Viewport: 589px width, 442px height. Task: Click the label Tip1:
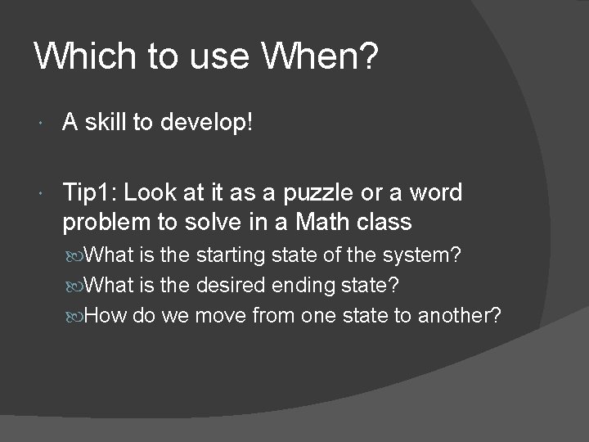pos(90,193)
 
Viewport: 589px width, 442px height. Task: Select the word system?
pos(420,256)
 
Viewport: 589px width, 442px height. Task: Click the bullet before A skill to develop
pos(42,124)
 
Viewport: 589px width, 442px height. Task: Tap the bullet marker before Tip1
pos(42,194)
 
